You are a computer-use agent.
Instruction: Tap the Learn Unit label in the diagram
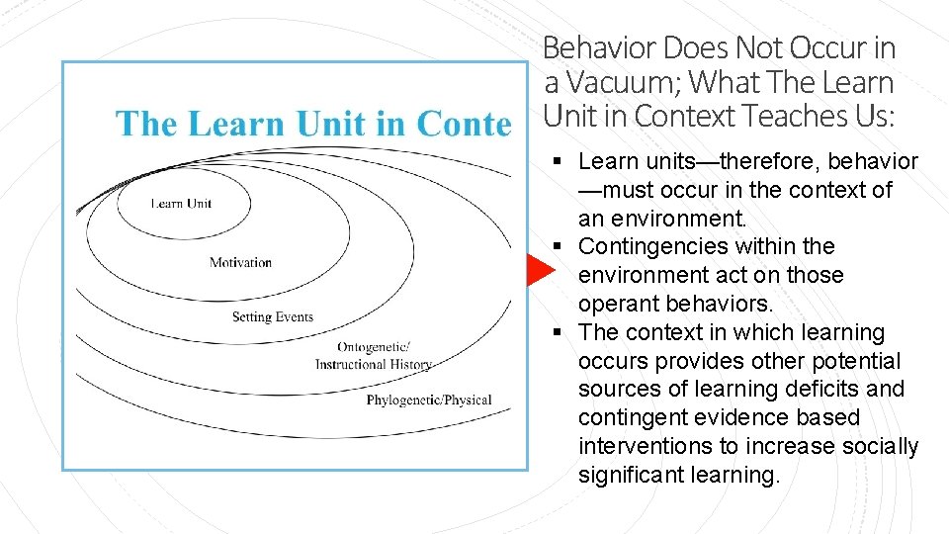tap(181, 204)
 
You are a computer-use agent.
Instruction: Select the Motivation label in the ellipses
tap(240, 262)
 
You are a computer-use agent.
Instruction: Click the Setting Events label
tap(273, 317)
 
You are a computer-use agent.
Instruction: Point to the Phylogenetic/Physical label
tap(429, 400)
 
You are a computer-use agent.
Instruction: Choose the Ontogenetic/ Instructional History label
tap(374, 356)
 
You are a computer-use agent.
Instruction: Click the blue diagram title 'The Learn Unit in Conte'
tap(313, 124)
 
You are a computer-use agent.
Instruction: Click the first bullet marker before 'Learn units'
tap(560, 161)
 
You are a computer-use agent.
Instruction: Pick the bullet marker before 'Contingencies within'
tap(560, 246)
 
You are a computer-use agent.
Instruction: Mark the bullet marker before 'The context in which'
tap(560, 332)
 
